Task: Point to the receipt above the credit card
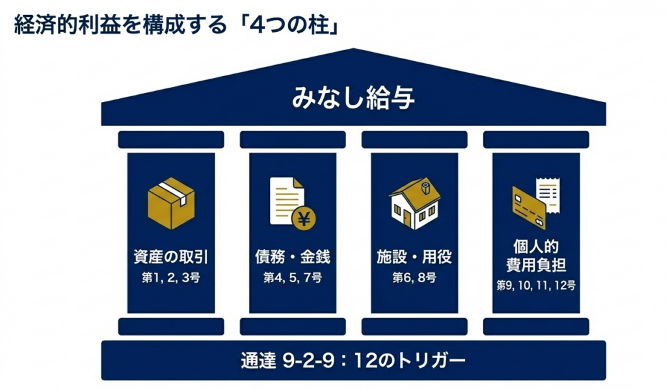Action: point(546,193)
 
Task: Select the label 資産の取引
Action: point(171,257)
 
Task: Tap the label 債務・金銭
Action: point(292,257)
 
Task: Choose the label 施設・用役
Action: point(414,257)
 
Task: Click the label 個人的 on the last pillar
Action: point(536,247)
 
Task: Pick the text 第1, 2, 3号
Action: point(171,278)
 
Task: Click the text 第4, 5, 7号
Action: point(292,278)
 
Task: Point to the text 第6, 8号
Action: point(414,278)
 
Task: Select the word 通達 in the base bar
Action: point(258,360)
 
